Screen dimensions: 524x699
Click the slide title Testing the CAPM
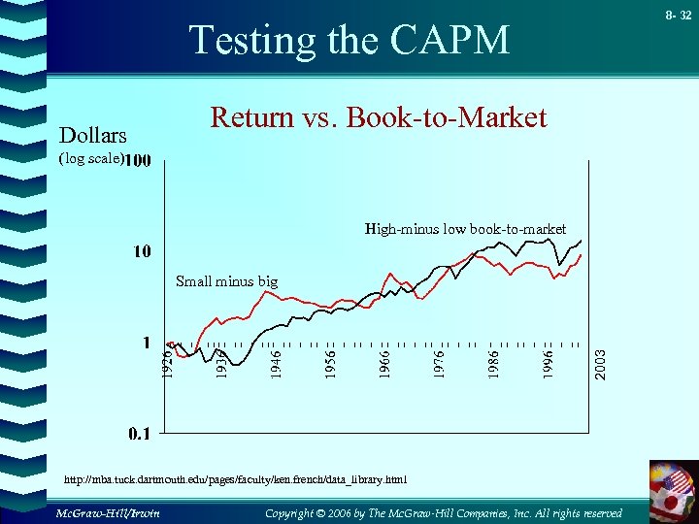point(349,41)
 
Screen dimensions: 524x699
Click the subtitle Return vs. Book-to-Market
point(379,118)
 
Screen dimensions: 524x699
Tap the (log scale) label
point(91,158)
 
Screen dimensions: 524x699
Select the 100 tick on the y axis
point(137,160)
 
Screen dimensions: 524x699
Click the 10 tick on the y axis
point(142,252)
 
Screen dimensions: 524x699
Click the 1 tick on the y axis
point(146,343)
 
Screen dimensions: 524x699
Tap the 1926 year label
point(168,364)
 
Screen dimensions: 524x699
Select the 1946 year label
point(277,364)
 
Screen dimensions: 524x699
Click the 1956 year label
point(331,364)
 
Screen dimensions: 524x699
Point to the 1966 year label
point(385,364)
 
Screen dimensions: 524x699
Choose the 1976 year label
point(440,364)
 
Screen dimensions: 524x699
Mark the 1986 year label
point(494,364)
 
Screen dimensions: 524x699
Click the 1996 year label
point(549,364)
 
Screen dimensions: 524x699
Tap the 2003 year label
point(601,364)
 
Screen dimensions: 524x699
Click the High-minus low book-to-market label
point(465,229)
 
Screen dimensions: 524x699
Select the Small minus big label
point(226,281)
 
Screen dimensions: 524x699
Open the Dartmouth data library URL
point(235,479)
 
